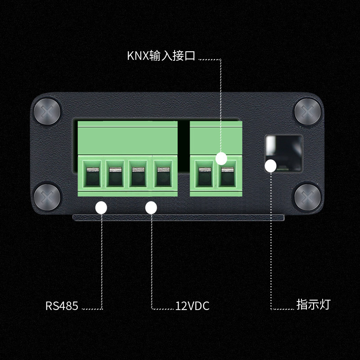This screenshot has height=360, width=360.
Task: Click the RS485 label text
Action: coord(62,306)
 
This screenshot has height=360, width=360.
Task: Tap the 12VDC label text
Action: coord(192,306)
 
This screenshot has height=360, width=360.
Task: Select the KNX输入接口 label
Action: coord(161,56)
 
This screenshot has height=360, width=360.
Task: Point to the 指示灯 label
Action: coord(313,304)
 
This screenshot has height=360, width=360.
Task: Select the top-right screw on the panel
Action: coord(308,112)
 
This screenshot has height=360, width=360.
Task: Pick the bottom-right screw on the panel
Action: coord(308,196)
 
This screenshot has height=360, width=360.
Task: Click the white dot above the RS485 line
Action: coord(101,207)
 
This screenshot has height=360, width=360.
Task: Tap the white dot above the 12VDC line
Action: coord(151,207)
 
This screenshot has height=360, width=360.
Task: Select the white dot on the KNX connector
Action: coord(221,158)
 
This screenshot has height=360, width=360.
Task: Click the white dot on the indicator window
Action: coord(270,166)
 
